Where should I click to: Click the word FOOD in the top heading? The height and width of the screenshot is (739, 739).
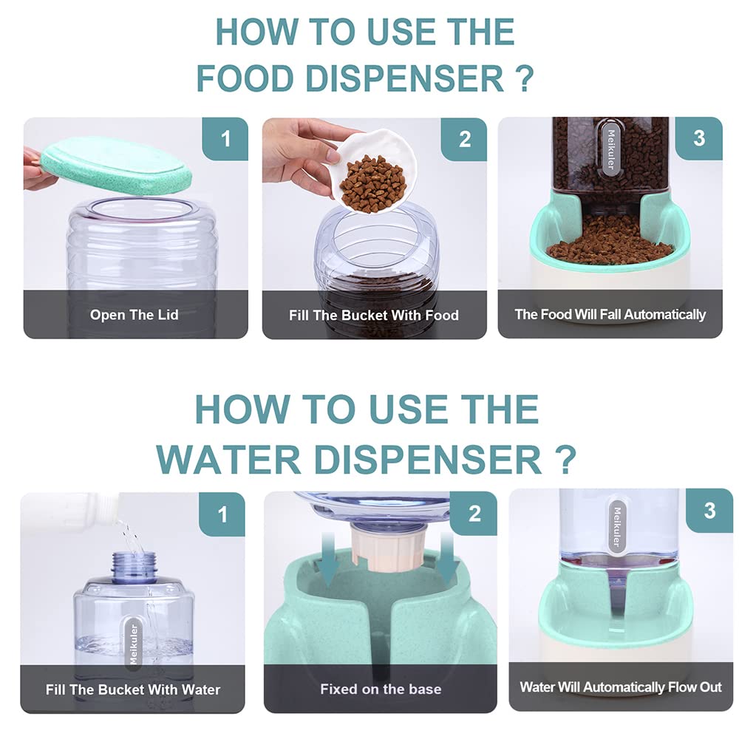tap(245, 78)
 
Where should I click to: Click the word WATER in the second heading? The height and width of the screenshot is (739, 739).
tap(228, 459)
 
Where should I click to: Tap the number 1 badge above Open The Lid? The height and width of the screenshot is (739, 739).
tap(225, 139)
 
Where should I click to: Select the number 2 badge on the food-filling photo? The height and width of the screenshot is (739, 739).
tap(464, 140)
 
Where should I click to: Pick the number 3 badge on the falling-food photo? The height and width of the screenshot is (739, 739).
tap(699, 139)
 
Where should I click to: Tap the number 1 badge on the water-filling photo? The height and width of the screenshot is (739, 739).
tap(222, 514)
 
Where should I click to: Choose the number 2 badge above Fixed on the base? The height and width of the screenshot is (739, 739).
tap(474, 514)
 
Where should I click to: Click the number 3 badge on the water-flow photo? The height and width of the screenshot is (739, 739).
tap(709, 511)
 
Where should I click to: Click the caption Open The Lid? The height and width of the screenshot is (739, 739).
tap(134, 315)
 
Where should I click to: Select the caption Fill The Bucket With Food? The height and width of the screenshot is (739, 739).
tap(374, 316)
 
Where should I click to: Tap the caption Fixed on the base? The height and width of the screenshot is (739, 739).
tap(381, 689)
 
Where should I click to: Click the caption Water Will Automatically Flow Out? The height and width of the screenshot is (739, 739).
tap(621, 687)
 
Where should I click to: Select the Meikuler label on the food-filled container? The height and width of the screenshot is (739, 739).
tap(611, 149)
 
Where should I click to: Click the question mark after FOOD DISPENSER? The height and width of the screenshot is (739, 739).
tap(524, 78)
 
